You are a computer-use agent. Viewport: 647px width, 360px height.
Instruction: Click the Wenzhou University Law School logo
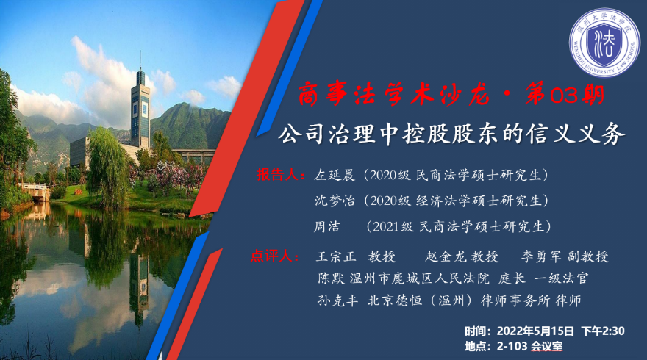(x=604, y=43)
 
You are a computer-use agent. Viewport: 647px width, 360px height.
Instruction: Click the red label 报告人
(x=277, y=175)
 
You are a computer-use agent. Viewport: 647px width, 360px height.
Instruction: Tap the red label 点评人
(x=271, y=256)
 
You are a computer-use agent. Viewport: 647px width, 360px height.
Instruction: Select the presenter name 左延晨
(x=335, y=176)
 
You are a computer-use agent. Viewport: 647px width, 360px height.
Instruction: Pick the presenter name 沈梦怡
(x=335, y=201)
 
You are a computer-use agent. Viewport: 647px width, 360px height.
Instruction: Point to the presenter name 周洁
(x=327, y=226)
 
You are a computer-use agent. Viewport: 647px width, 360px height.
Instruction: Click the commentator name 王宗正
(x=336, y=256)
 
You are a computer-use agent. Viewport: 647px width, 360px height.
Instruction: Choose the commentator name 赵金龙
(x=446, y=256)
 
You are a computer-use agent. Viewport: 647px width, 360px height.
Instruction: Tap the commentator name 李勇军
(x=541, y=256)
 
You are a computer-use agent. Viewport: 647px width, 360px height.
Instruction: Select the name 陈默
(x=331, y=278)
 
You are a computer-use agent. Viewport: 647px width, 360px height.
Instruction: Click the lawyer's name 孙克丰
(x=337, y=300)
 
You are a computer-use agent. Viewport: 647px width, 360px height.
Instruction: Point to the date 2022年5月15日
(x=535, y=331)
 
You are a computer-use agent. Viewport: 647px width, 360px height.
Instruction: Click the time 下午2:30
(x=603, y=331)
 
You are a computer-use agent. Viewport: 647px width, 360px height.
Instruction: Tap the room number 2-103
(x=512, y=346)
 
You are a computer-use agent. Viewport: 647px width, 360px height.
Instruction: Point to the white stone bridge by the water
(x=35, y=190)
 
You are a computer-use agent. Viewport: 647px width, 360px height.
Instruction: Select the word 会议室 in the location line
(x=547, y=346)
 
